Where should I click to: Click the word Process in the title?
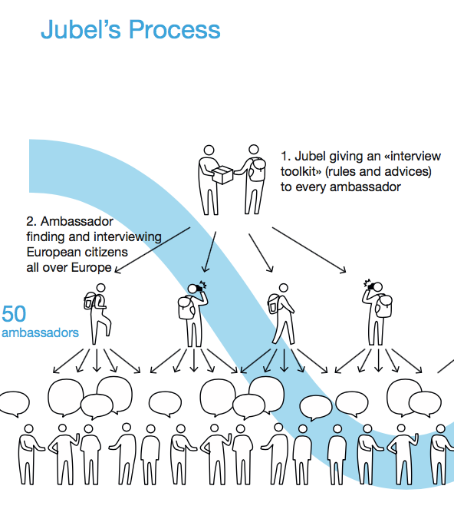(175, 30)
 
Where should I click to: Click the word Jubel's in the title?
(81, 30)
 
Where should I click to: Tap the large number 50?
(14, 314)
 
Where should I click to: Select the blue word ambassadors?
(40, 332)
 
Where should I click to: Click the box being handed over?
(222, 175)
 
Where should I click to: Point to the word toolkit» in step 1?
(301, 172)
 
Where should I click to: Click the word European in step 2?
(51, 253)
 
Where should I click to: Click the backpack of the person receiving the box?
(257, 170)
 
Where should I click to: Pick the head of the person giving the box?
(209, 150)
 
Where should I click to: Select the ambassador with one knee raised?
(97, 314)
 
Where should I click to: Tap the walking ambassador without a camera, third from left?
(281, 314)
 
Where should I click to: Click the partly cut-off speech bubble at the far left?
(15, 403)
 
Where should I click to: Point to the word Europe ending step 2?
(91, 268)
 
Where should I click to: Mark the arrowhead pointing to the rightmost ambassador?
(343, 269)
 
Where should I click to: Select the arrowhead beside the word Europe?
(118, 270)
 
